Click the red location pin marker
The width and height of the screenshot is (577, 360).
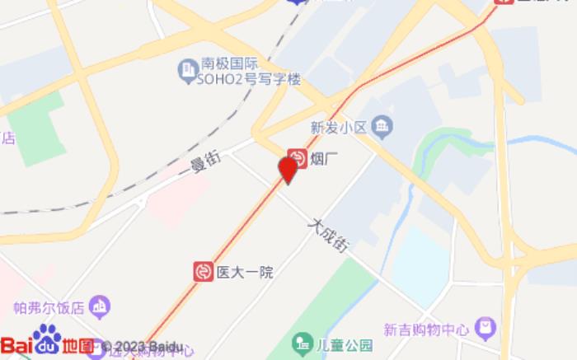pos(288,169)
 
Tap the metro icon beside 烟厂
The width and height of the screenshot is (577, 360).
pos(296,158)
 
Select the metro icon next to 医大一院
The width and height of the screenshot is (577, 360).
pos(202,271)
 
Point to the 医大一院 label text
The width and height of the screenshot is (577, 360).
pos(244,272)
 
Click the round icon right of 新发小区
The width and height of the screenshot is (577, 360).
pos(383,127)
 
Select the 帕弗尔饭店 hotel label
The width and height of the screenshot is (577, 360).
pos(49,308)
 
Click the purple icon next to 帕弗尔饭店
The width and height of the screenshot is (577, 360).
pos(100,307)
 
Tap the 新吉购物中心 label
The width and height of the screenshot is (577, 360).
pos(428,328)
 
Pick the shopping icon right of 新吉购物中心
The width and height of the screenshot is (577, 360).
pos(486,328)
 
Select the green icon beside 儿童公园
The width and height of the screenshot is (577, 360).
pos(303,343)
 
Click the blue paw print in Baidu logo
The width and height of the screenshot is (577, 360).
pos(46,339)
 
